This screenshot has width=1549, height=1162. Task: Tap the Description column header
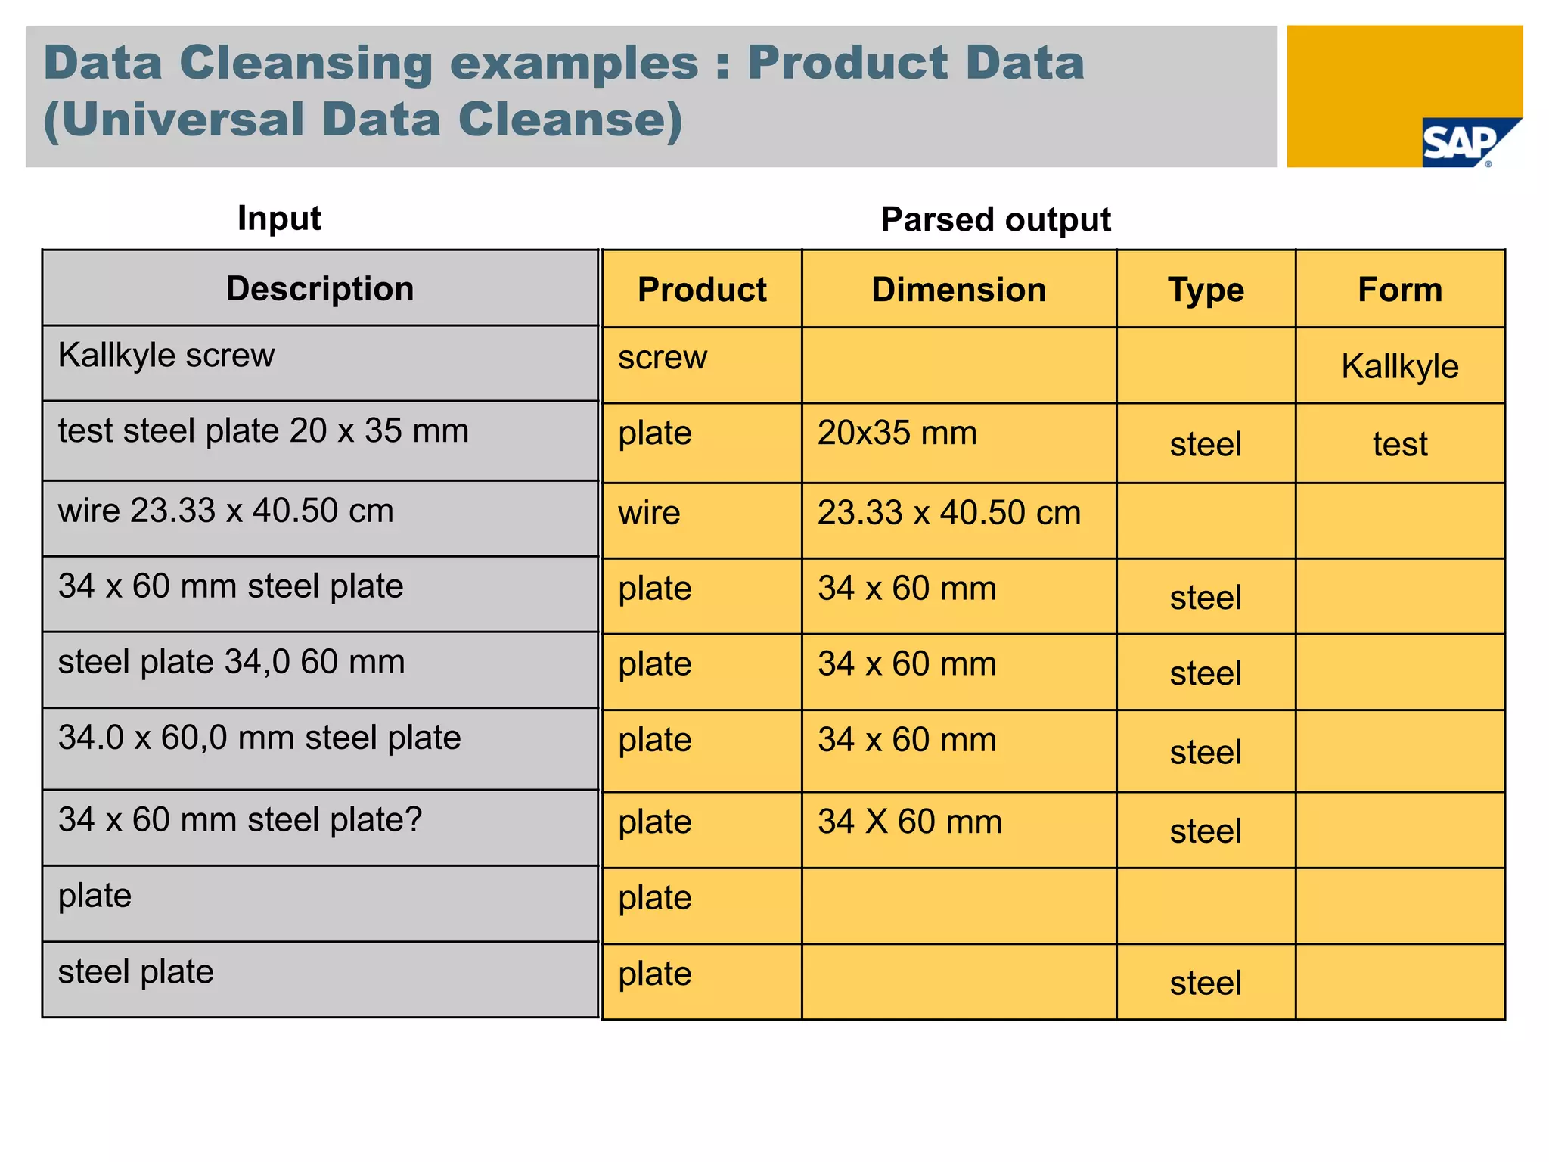[x=320, y=289]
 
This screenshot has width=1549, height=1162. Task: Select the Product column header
[x=701, y=290]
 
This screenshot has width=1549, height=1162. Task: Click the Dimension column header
[x=958, y=290]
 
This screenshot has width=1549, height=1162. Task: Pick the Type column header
[x=1206, y=290]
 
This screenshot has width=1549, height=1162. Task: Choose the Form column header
[x=1400, y=290]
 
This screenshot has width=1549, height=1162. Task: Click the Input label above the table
[x=279, y=219]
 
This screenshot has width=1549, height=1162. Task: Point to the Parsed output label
[x=995, y=220]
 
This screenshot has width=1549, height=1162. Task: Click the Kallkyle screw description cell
[x=166, y=356]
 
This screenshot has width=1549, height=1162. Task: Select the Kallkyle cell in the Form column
[x=1400, y=367]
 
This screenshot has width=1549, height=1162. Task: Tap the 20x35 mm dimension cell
[x=897, y=433]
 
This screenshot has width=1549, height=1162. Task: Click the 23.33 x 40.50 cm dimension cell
[x=949, y=513]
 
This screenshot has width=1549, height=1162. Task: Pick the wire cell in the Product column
[x=649, y=513]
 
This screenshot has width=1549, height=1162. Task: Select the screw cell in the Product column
[x=663, y=357]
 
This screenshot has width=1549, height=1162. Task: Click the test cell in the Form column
[x=1400, y=444]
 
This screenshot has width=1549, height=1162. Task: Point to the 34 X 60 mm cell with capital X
[x=910, y=822]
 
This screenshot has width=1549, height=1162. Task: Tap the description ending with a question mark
[x=240, y=820]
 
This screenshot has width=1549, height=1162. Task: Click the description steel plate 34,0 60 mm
[x=231, y=662]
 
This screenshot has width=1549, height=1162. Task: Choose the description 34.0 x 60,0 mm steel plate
[x=259, y=738]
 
